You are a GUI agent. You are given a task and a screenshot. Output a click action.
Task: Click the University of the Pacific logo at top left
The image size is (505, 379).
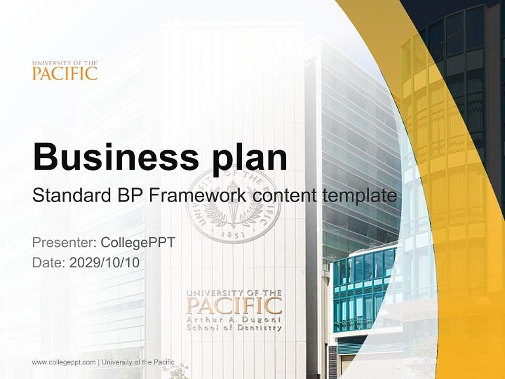(65, 71)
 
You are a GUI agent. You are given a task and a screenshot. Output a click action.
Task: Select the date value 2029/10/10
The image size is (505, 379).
(105, 263)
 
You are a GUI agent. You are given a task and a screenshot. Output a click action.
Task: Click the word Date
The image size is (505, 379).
(48, 263)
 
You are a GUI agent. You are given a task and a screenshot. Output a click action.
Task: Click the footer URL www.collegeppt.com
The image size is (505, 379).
(64, 362)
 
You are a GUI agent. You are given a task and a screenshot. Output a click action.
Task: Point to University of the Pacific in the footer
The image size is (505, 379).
(138, 362)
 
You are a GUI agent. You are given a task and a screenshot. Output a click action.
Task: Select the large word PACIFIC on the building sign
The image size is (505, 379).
(234, 306)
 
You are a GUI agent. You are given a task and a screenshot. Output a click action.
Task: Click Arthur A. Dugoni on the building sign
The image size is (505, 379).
(234, 319)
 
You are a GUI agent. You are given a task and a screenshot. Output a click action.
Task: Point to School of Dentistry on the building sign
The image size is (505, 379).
(234, 327)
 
